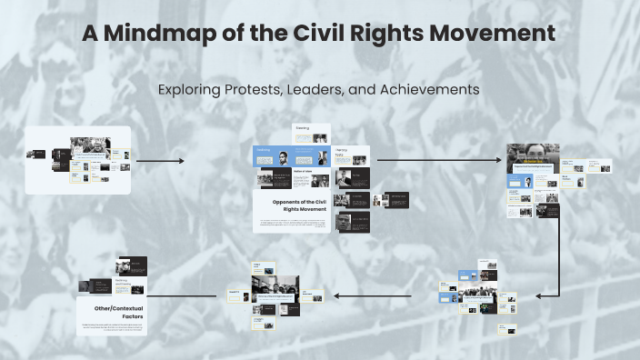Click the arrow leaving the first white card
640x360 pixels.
[159, 161]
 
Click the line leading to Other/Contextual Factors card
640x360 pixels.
[182, 295]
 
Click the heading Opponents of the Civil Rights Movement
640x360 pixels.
[300, 206]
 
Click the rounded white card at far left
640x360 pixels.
[78, 160]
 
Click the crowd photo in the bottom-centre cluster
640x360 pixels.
[277, 286]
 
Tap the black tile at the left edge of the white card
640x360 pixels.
[35, 154]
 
